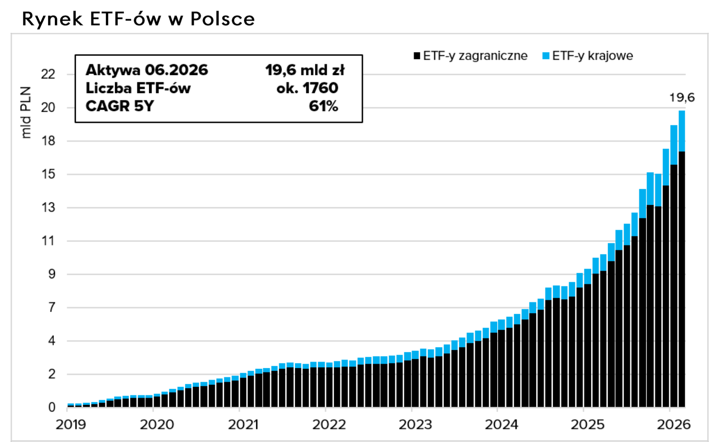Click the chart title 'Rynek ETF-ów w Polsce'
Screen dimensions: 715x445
pos(139,19)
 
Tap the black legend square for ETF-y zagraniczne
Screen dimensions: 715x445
pos(417,56)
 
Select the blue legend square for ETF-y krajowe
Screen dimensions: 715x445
pos(546,56)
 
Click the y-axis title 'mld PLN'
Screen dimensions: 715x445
pos(26,112)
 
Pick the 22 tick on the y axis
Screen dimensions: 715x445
pos(48,74)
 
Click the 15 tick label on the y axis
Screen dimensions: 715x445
pos(48,174)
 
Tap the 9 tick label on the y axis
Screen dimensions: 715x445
pos(52,274)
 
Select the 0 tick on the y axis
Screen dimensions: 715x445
pos(52,408)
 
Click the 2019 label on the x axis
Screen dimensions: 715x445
pos(71,424)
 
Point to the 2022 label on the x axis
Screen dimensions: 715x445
pos(329,424)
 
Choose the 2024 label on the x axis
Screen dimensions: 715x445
pos(501,424)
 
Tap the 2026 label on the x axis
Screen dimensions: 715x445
pos(674,424)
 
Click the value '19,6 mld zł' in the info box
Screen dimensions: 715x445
pos(305,70)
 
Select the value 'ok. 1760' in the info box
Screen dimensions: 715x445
pos(307,88)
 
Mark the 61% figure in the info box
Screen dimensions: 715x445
pos(323,106)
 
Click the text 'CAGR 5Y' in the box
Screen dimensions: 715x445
pos(120,106)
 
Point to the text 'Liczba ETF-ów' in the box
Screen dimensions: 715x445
pos(138,88)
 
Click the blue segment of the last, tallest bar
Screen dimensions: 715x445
pos(682,131)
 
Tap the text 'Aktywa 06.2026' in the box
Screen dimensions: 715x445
pos(147,70)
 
